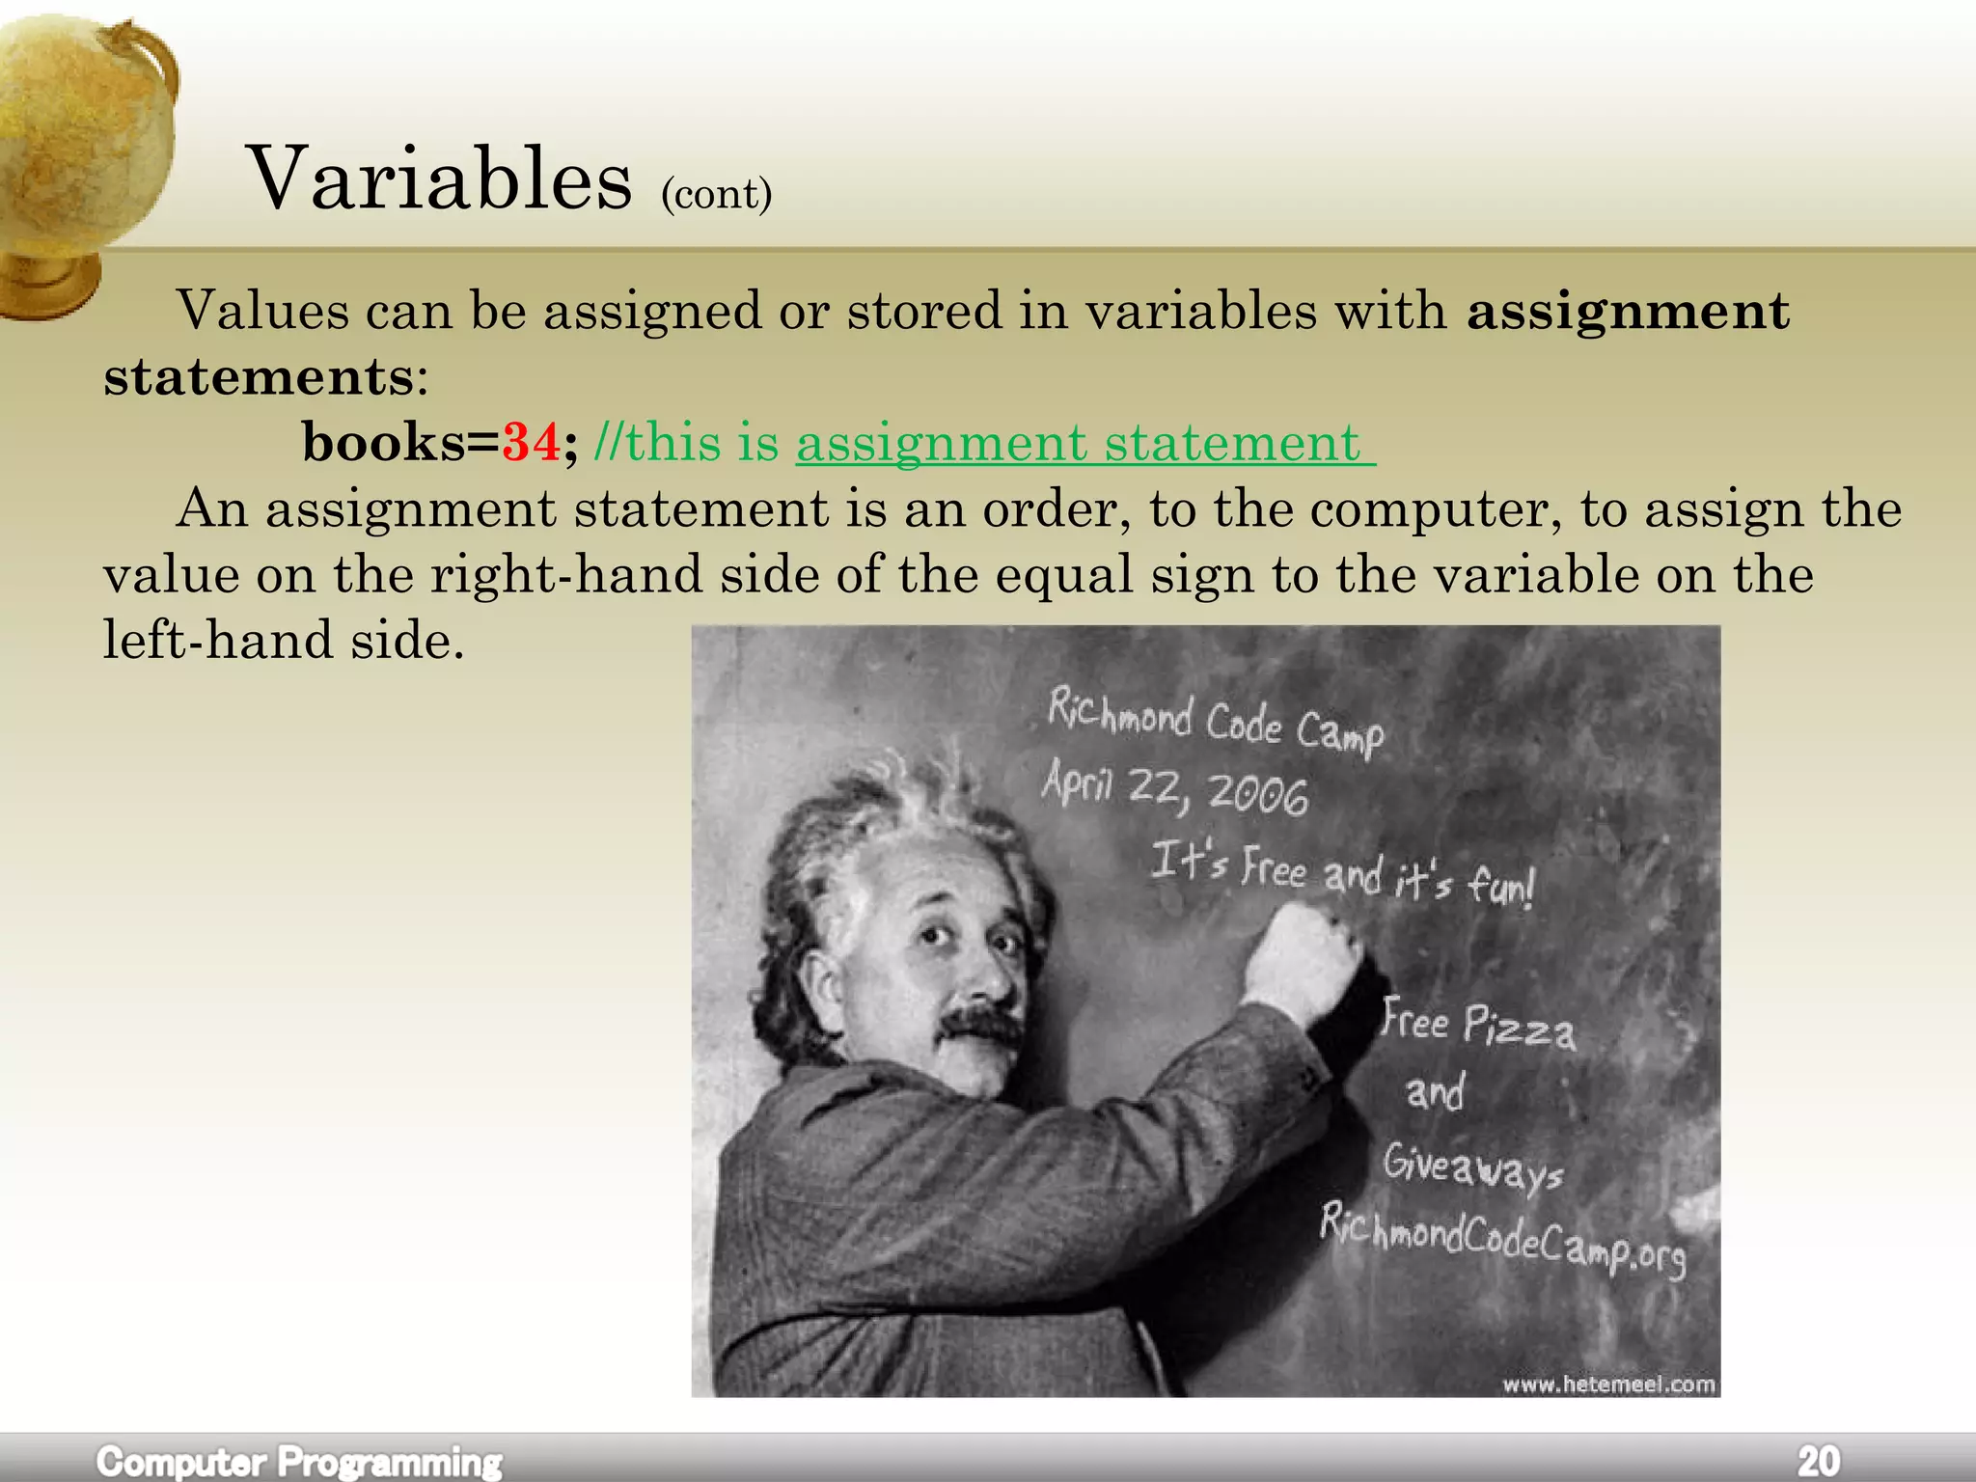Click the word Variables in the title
[439, 178]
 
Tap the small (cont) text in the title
[716, 194]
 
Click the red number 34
[531, 443]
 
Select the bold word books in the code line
[383, 443]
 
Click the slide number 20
[1818, 1461]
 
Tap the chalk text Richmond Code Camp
[1215, 720]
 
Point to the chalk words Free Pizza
[1478, 1025]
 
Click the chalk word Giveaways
[1471, 1167]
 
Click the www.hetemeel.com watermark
[1608, 1385]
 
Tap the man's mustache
[979, 1025]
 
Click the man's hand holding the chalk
[1303, 960]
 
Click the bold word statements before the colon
[260, 377]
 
